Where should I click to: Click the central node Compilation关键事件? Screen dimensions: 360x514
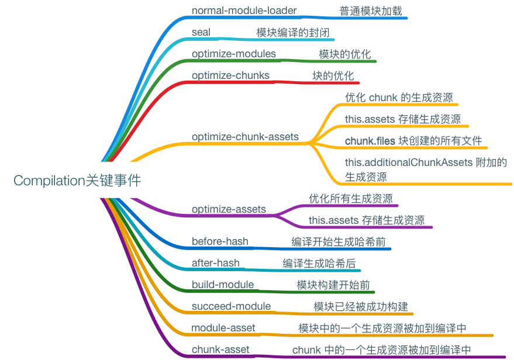pyautogui.click(x=77, y=181)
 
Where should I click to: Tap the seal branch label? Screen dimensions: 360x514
pyautogui.click(x=201, y=33)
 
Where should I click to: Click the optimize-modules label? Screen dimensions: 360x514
pyautogui.click(x=233, y=54)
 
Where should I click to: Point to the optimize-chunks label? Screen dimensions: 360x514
pyautogui.click(x=230, y=76)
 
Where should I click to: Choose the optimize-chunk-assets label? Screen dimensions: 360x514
pyautogui.click(x=245, y=137)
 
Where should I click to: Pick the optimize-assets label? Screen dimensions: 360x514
pyautogui.click(x=229, y=209)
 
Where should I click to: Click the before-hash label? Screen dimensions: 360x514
pyautogui.click(x=220, y=242)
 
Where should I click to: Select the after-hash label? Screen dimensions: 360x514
pyautogui.click(x=216, y=264)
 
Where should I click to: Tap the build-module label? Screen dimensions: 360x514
pyautogui.click(x=223, y=285)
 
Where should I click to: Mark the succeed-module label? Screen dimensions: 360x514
pyautogui.click(x=231, y=307)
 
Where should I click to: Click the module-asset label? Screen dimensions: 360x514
pyautogui.click(x=223, y=328)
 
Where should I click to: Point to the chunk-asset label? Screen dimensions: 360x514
pyautogui.click(x=220, y=350)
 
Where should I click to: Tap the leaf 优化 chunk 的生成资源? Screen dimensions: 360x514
pyautogui.click(x=398, y=98)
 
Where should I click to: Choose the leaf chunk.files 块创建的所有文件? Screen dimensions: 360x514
pyautogui.click(x=413, y=141)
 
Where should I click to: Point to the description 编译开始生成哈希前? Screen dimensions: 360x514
pyautogui.click(x=338, y=242)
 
